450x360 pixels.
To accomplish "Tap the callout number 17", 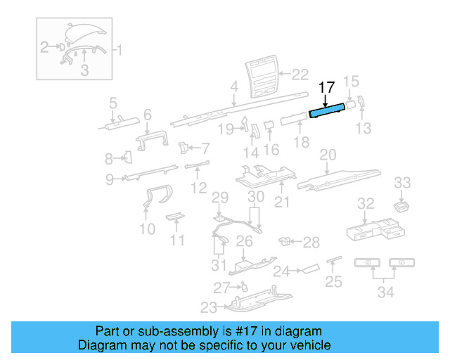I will tap(326, 88).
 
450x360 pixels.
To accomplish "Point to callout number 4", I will tap(234, 89).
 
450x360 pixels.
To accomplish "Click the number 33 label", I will tap(402, 184).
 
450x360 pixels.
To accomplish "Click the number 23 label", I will tap(209, 307).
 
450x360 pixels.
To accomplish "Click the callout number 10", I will tap(147, 229).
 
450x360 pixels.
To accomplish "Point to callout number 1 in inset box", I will tap(118, 50).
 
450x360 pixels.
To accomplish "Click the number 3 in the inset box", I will tap(84, 70).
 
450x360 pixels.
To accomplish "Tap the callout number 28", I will tap(311, 242).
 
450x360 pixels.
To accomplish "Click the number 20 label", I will tap(328, 155).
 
